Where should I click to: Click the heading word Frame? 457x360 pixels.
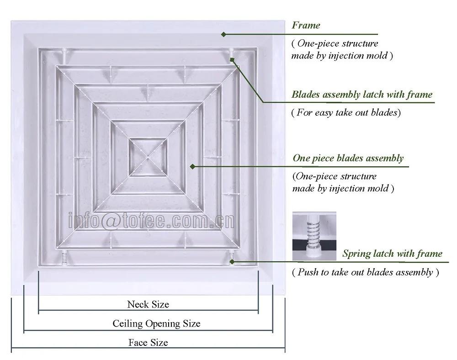tap(306, 26)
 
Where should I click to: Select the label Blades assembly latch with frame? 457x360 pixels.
tap(361, 95)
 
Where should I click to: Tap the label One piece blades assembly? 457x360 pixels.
tap(348, 159)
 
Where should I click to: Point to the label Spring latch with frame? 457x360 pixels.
tap(392, 254)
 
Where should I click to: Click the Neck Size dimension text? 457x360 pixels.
tap(148, 304)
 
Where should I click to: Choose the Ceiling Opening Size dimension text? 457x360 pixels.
tap(156, 324)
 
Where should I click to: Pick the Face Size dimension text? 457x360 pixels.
tap(148, 343)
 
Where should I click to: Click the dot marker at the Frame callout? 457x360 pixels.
tap(223, 34)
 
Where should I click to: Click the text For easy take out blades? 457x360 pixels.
tap(346, 112)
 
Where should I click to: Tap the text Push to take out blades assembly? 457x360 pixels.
tap(365, 272)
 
